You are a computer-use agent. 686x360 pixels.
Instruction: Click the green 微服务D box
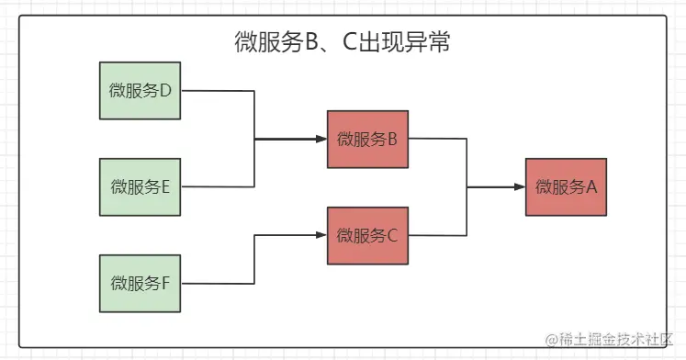tap(140, 91)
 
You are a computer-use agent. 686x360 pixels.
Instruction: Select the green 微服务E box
tap(140, 186)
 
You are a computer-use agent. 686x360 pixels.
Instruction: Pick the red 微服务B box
tap(367, 140)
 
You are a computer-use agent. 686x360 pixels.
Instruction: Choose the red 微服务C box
tap(367, 235)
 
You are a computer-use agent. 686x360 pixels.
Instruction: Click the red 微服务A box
tap(566, 186)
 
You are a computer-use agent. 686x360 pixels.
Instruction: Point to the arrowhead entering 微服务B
tap(321, 140)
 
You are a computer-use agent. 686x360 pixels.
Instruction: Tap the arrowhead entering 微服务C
tap(321, 235)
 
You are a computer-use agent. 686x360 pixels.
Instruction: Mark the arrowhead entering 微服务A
tap(520, 186)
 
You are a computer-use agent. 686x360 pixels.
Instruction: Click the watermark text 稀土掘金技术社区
tap(617, 340)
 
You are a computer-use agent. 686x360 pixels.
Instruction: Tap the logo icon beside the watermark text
tap(552, 340)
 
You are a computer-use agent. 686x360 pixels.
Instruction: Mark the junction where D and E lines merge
tap(253, 140)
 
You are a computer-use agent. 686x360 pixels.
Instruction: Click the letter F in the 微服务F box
tap(166, 282)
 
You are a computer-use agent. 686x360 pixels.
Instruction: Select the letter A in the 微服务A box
tap(591, 186)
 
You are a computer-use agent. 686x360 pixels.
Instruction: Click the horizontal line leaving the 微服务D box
tap(216, 91)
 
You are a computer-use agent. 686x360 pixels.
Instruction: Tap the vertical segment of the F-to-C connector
tap(253, 258)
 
